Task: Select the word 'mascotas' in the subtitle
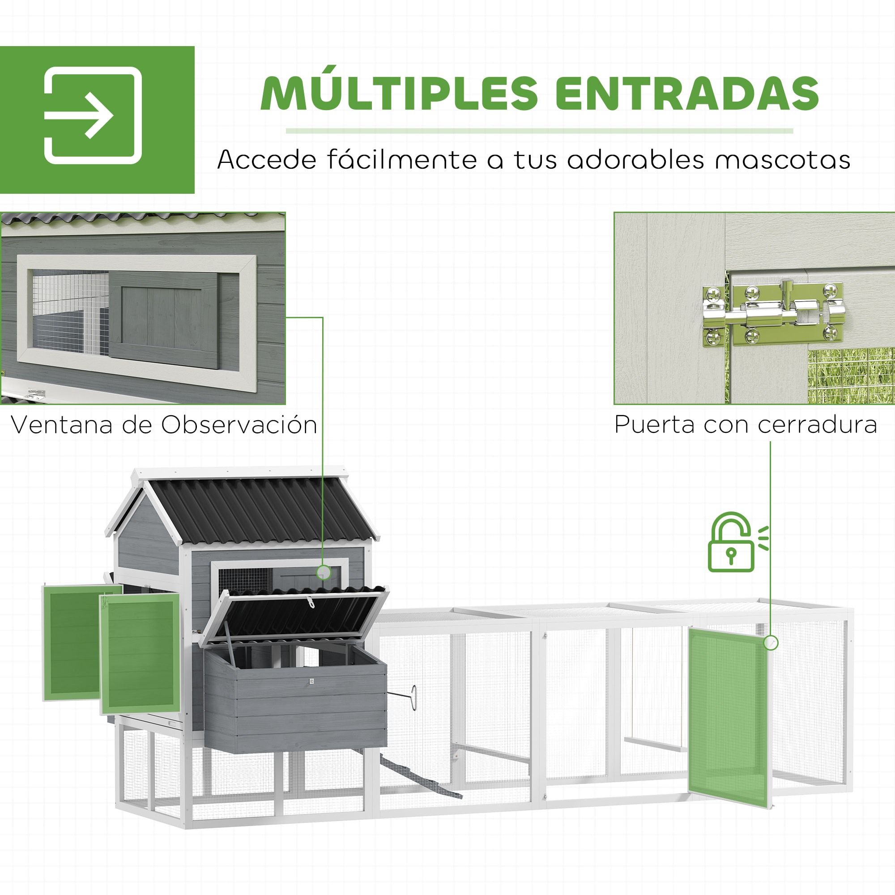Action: [x=782, y=160]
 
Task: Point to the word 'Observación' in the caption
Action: [x=239, y=425]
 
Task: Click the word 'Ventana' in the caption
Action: [x=62, y=425]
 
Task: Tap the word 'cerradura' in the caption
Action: [x=818, y=425]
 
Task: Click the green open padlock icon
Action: [x=732, y=543]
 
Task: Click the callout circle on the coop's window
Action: [x=324, y=573]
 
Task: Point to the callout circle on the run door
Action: [x=771, y=643]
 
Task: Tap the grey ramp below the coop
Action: [x=419, y=778]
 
